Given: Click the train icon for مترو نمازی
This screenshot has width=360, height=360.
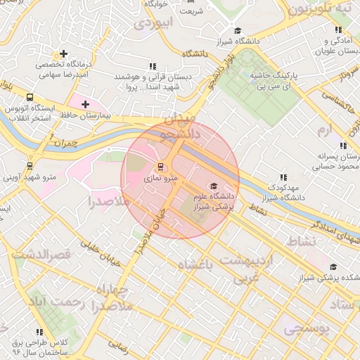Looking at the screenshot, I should pos(161,167).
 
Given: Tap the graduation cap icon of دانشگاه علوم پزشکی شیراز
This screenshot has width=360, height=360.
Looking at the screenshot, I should pos(214,166).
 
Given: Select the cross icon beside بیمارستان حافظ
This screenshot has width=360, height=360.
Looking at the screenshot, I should pos(86,104).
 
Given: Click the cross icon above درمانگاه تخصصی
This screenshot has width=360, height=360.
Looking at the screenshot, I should pos(64,53).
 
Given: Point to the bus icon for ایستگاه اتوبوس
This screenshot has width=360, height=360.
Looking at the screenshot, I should pos(30,97).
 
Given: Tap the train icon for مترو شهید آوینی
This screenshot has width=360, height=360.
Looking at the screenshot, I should pos(30,165).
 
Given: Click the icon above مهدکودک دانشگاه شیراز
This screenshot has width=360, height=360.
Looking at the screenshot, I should pos(283,178).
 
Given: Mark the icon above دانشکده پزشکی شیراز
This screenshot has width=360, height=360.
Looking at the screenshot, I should pos(333,266).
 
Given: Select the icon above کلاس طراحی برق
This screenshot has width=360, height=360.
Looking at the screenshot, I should pos(39,331).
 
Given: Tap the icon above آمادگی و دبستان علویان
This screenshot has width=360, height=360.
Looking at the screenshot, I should pos(339,30).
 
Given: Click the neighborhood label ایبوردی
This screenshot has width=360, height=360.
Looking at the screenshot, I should pos(153,22).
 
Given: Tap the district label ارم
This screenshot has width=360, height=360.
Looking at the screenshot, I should pos(323,131).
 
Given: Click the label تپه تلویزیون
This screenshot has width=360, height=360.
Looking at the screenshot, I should pos(319,8).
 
